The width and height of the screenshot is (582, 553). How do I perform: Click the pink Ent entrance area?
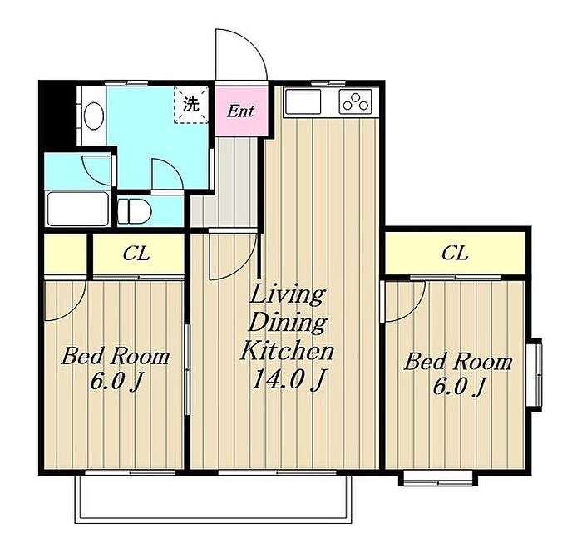coord(241,111)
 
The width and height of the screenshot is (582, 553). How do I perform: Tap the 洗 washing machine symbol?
coord(191,104)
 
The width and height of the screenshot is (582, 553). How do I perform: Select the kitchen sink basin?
coord(303,101)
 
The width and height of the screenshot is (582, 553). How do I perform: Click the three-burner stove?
coord(356,101)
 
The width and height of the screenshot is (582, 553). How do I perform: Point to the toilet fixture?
coord(135,212)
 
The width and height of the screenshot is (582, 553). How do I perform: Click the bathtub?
coord(78,209)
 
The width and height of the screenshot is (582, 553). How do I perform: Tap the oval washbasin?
coord(93,116)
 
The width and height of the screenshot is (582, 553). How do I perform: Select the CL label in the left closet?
coord(136,254)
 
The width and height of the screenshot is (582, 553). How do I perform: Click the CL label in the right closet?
coord(455,254)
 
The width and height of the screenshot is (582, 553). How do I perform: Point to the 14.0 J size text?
coord(289,379)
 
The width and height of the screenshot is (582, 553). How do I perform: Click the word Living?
coord(288,294)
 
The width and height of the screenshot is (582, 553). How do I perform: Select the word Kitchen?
coord(288,351)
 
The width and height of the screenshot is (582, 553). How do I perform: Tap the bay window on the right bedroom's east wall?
coord(535,374)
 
